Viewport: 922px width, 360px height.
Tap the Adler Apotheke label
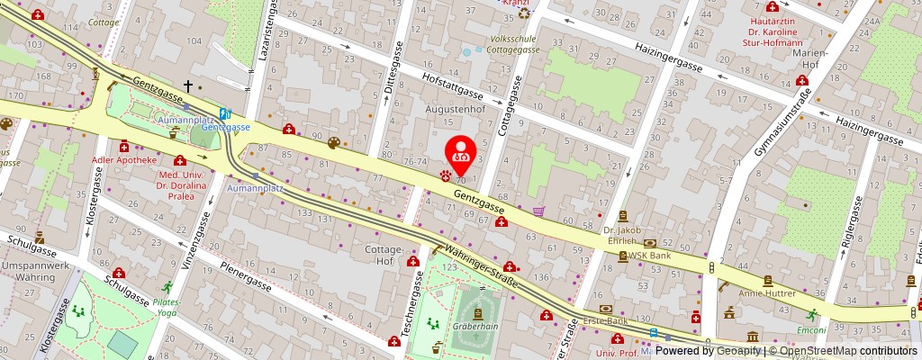coord(124,160)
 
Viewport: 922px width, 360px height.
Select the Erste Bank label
coord(607,320)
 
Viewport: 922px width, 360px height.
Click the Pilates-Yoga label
coord(166,307)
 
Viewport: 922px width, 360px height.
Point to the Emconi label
coord(812,329)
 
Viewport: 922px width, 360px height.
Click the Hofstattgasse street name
coord(453,85)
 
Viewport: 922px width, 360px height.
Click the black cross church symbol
coord(188,85)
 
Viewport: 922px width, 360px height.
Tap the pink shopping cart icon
coord(538,211)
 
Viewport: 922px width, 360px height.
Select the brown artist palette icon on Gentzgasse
coord(334,143)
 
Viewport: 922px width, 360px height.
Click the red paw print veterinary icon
coord(446,176)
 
